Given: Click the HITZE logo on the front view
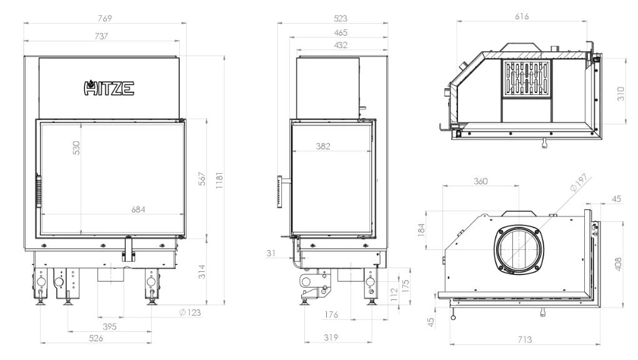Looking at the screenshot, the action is [109, 88].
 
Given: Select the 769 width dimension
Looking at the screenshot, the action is [104, 18].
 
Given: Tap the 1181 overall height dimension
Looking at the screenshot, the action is [219, 181].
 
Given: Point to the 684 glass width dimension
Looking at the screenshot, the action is [138, 209].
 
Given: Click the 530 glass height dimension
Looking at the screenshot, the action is [76, 147].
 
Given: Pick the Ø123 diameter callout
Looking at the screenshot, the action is [190, 312].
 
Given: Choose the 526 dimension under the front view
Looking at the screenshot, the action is [96, 338].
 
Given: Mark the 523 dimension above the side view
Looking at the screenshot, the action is [341, 18].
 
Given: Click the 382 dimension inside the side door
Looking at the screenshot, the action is [323, 146].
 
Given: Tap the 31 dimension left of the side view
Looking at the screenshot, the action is [271, 253].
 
